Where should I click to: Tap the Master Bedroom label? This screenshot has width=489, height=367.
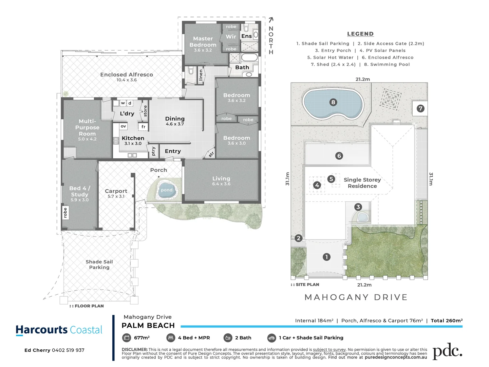[203, 42]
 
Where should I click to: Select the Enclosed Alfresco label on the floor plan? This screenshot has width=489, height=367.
[127, 74]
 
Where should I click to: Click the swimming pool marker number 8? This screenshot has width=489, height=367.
[333, 102]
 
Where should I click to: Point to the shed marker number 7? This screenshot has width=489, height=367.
[420, 108]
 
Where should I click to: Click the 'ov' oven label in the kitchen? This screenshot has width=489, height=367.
[123, 126]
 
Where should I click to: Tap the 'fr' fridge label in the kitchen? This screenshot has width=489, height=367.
[144, 127]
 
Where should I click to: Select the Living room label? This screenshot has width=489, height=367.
[221, 178]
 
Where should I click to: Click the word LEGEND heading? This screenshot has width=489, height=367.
[360, 34]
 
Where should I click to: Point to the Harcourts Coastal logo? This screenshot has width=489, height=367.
[59, 330]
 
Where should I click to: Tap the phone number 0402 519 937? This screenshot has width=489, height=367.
[68, 350]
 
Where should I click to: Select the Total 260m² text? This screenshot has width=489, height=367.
[447, 320]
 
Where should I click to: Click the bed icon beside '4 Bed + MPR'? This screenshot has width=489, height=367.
[170, 338]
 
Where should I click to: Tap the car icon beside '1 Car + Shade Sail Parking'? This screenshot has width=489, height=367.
[271, 338]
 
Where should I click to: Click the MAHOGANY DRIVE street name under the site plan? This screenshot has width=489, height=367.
[356, 297]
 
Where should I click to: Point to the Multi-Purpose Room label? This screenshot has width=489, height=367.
[87, 127]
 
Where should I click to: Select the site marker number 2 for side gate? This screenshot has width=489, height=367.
[299, 238]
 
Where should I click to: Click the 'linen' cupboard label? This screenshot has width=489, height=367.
[201, 75]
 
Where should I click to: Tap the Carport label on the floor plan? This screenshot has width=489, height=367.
[116, 191]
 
